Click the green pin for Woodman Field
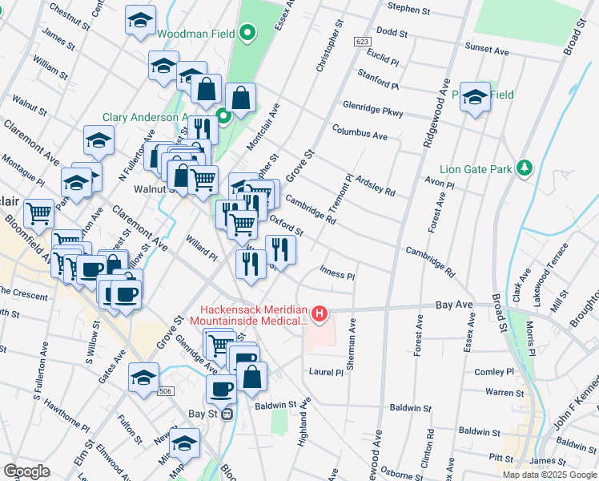[247, 34]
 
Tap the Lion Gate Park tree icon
[525, 168]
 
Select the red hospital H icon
[320, 312]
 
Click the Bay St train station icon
[227, 414]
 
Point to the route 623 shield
[362, 41]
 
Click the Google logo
[26, 471]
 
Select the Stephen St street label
[410, 7]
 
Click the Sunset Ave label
[487, 51]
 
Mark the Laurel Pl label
[326, 372]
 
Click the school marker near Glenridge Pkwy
[475, 98]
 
